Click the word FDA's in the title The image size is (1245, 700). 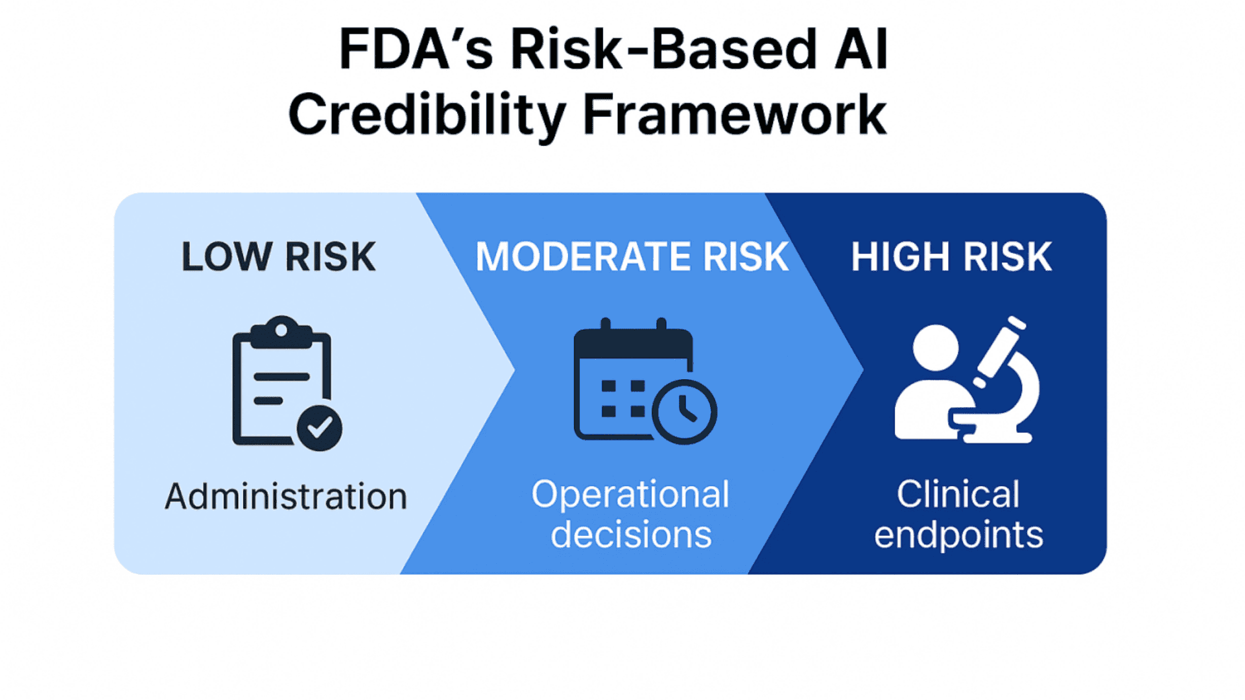(416, 49)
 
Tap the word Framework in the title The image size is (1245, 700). (734, 115)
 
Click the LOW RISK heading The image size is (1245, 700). (278, 257)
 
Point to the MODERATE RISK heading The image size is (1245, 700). (632, 257)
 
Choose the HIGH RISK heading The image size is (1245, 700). (951, 257)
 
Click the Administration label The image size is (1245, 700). (286, 497)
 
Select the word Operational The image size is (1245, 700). (630, 495)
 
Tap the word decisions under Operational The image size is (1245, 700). (631, 535)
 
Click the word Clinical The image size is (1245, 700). (958, 495)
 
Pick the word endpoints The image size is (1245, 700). (958, 535)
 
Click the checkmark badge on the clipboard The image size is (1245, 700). (319, 428)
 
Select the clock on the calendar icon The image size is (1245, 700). (684, 412)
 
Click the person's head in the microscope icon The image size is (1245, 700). (935, 347)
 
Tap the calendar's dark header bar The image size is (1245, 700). (633, 344)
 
